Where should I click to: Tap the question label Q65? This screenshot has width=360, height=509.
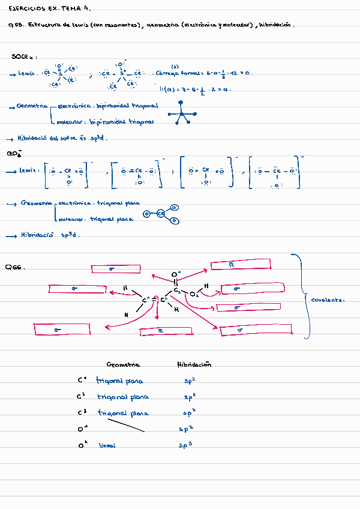(x=15, y=25)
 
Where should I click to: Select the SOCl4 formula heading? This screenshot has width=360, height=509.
(x=23, y=56)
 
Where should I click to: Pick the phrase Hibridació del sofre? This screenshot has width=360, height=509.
(x=47, y=137)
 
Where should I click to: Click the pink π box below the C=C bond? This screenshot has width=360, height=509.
(x=161, y=330)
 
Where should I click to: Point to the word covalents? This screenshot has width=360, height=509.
(x=328, y=299)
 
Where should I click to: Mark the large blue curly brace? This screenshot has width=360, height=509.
(x=303, y=297)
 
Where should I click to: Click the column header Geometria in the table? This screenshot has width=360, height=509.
(x=123, y=365)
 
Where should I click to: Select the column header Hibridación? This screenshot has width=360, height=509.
(x=194, y=364)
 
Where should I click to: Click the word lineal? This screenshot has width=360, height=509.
(x=107, y=446)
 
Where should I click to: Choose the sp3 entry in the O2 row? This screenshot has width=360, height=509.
(x=185, y=446)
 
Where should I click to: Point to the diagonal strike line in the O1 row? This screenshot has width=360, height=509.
(x=126, y=426)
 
